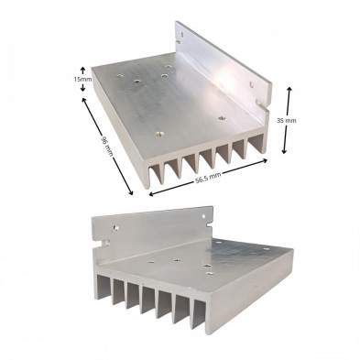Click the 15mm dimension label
click(82, 79)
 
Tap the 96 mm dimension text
click(107, 147)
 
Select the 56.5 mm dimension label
click(208, 177)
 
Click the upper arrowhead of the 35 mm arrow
click(289, 89)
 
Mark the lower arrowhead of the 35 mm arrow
click(284, 151)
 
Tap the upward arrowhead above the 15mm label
click(82, 69)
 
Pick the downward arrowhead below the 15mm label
click(82, 89)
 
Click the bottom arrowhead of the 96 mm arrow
click(131, 192)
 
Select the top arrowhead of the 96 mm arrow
click(83, 100)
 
